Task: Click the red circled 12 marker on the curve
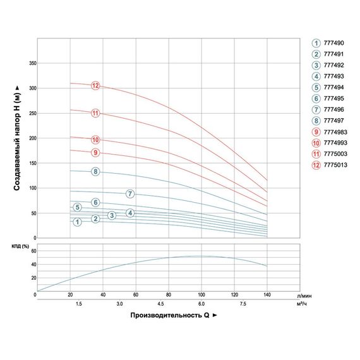click(95, 86)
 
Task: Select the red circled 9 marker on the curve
click(95, 153)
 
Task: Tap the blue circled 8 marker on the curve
click(95, 172)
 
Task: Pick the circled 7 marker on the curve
click(129, 193)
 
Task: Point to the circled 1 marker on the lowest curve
click(78, 222)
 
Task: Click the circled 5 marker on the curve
click(78, 207)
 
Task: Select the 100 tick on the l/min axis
click(201, 294)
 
